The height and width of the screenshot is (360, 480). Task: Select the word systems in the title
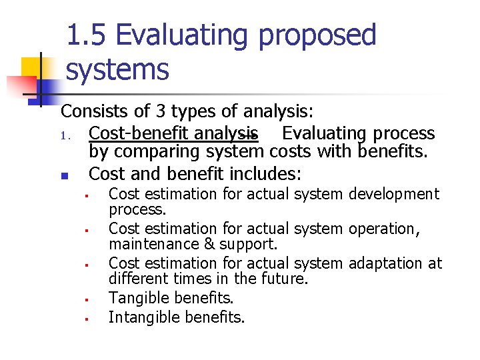[117, 69]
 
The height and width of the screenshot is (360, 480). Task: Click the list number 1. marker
[65, 135]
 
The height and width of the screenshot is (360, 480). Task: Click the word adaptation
[388, 263]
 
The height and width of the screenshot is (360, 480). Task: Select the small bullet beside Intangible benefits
[87, 318]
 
